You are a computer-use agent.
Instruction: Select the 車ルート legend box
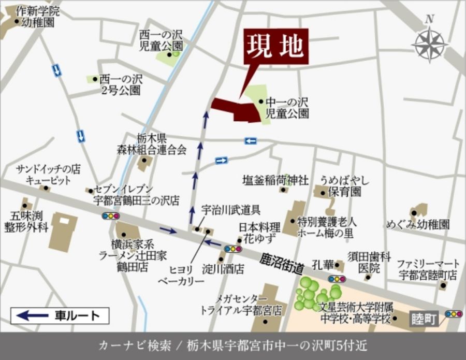coord(60,315)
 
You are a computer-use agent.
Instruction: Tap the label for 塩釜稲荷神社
coord(275,180)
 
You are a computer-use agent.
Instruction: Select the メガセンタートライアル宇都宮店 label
coord(241,306)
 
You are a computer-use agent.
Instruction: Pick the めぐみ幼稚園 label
coord(418,224)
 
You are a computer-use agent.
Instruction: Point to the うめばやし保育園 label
coord(344,186)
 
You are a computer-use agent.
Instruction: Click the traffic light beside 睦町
coord(454,314)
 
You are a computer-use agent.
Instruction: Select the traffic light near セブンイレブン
coord(110,215)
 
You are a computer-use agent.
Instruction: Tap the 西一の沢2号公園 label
coord(121,85)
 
